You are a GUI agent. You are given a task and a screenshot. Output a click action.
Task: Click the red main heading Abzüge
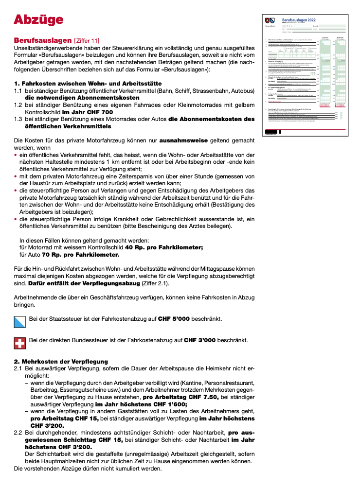[x=38, y=19]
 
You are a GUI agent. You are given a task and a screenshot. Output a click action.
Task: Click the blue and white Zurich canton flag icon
[x=19, y=320]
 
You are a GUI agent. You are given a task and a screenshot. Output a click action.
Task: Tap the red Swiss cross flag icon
[x=19, y=342]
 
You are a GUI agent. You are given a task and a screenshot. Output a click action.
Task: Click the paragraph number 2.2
[x=18, y=432]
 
